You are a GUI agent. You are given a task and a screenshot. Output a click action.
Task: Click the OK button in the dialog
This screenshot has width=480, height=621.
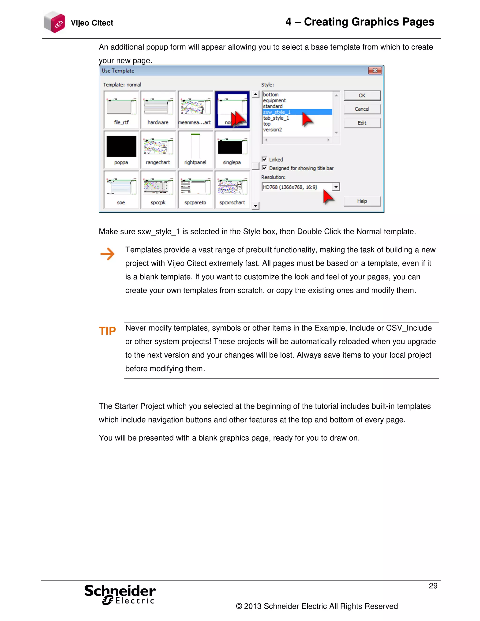pyautogui.click(x=362, y=96)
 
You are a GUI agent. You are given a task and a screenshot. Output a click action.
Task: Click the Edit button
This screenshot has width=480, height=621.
pyautogui.click(x=362, y=123)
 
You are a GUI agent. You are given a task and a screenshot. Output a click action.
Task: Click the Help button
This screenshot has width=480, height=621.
pyautogui.click(x=362, y=201)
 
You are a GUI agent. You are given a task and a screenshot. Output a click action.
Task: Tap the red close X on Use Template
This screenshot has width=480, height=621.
pyautogui.click(x=375, y=71)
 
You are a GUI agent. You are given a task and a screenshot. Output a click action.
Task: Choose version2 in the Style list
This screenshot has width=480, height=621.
pyautogui.click(x=272, y=130)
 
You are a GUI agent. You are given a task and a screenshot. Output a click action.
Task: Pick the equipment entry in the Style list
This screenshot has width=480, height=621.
pyautogui.click(x=274, y=100)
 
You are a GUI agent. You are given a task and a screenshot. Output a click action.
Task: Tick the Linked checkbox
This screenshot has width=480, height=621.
pyautogui.click(x=264, y=159)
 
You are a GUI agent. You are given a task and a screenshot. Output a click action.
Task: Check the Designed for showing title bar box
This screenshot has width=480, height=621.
pyautogui.click(x=264, y=168)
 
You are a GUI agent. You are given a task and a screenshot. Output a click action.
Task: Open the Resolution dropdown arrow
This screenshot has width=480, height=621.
pyautogui.click(x=336, y=187)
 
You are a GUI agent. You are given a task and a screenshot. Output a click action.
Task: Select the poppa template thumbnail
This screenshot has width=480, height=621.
pyautogui.click(x=121, y=150)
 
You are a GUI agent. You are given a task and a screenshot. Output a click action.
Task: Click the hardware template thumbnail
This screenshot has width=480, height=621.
pyautogui.click(x=158, y=110)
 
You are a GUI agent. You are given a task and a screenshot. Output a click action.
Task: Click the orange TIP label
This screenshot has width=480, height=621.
pyautogui.click(x=107, y=331)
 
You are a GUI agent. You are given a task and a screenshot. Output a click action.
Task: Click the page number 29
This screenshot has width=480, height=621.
pyautogui.click(x=433, y=586)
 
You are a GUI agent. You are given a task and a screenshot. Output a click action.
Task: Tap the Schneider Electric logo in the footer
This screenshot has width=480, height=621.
pyautogui.click(x=120, y=594)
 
